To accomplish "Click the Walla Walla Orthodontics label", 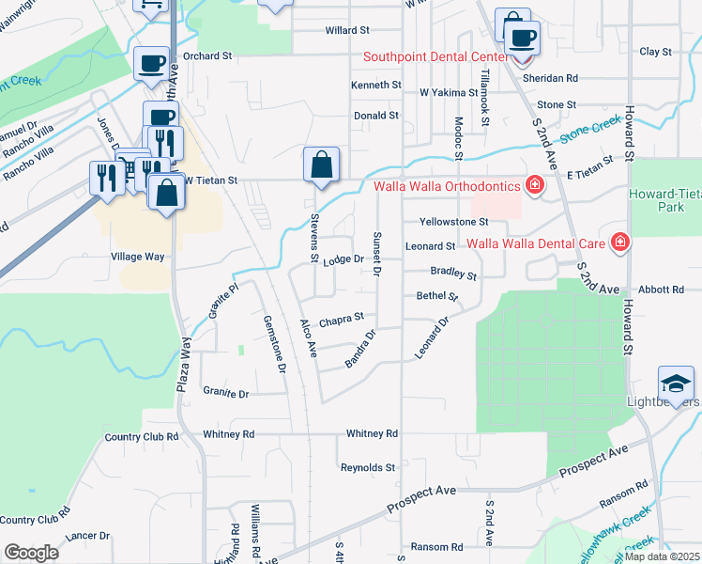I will click(x=448, y=185).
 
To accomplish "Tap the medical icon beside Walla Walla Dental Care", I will click(x=619, y=243).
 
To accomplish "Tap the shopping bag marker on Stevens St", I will click(x=321, y=164).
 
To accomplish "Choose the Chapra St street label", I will click(x=342, y=321).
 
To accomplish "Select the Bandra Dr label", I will click(x=361, y=348).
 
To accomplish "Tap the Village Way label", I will click(x=137, y=257).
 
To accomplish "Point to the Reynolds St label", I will click(x=368, y=467).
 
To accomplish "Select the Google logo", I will click(x=31, y=553).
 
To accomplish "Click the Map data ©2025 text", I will click(x=662, y=556).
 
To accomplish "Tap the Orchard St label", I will click(x=207, y=55).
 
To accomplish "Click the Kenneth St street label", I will click(x=376, y=86).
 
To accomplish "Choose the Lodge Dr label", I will click(x=343, y=259).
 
